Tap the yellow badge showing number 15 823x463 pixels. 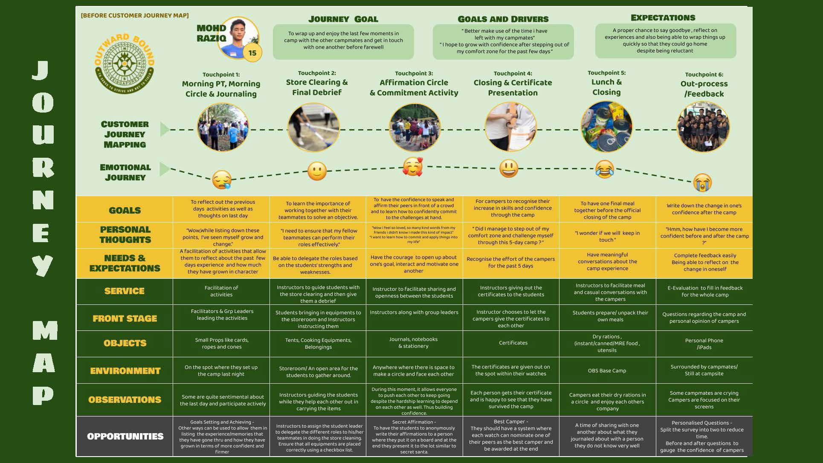point(252,53)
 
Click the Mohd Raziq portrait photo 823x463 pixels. point(239,38)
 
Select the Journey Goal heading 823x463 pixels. point(343,19)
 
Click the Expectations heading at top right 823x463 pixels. point(663,18)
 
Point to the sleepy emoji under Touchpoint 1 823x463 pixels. point(222,179)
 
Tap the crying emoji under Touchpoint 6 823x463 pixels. point(702,182)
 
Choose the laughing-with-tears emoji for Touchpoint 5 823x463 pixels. point(605,169)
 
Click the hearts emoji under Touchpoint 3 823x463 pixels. point(413,167)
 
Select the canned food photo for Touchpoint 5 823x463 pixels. point(606,127)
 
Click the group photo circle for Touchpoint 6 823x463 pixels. point(703,127)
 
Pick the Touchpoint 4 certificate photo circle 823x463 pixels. point(510,127)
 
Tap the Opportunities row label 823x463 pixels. point(125,437)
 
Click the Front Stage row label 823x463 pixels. point(125,318)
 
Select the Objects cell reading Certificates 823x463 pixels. point(513,343)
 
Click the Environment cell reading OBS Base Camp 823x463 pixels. point(607,370)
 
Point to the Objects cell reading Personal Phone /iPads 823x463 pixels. point(704,344)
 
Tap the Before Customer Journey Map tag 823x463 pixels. point(135,16)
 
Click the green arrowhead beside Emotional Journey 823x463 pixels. point(165,169)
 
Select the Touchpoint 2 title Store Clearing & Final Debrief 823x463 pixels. point(317,87)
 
